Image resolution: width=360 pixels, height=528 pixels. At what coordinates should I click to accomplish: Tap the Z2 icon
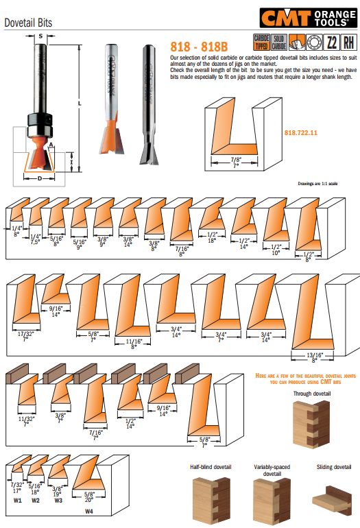point(331,43)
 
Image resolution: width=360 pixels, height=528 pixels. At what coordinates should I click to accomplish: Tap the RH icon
point(348,43)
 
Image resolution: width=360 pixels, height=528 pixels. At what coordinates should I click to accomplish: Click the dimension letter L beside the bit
point(80,102)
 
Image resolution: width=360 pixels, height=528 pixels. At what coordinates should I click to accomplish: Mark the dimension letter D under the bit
point(41,178)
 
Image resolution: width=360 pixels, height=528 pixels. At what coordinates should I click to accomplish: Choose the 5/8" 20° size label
point(89,497)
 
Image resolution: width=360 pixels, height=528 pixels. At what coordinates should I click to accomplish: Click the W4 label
point(89,512)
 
